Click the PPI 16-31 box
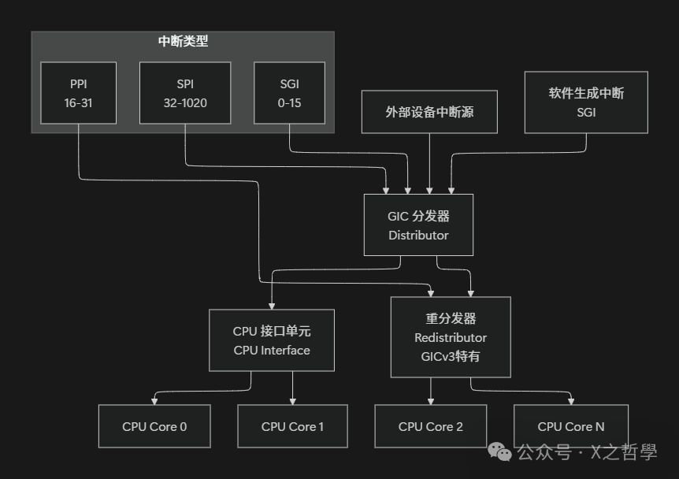(79, 93)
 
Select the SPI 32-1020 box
(185, 93)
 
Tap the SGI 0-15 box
(288, 93)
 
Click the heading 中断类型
(183, 42)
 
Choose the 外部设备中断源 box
(429, 112)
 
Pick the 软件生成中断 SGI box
(586, 102)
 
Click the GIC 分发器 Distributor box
(418, 225)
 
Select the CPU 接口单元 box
(272, 340)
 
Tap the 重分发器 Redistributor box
(451, 337)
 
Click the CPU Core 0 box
(154, 426)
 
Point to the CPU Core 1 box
(292, 426)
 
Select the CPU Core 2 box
(430, 426)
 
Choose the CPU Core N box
(571, 426)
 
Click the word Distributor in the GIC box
(418, 235)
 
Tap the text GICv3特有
(451, 356)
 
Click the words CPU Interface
(272, 351)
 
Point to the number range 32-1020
(185, 103)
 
